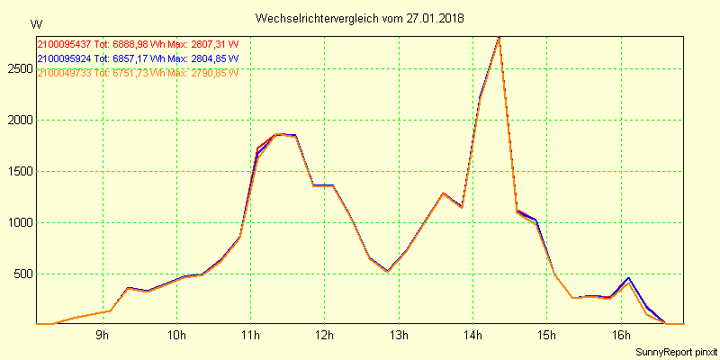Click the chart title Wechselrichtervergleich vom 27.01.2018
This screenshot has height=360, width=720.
tap(360, 18)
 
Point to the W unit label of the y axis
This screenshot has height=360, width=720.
tap(35, 23)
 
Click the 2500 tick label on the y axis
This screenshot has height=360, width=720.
tap(20, 68)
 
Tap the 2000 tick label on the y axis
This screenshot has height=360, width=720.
tap(20, 120)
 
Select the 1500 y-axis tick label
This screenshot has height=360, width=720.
tap(20, 171)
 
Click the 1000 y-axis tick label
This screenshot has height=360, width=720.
tap(20, 222)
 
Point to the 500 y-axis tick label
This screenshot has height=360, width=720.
tap(22, 274)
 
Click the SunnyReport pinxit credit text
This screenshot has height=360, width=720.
tap(676, 352)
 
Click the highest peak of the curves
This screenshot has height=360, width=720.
tap(499, 38)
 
